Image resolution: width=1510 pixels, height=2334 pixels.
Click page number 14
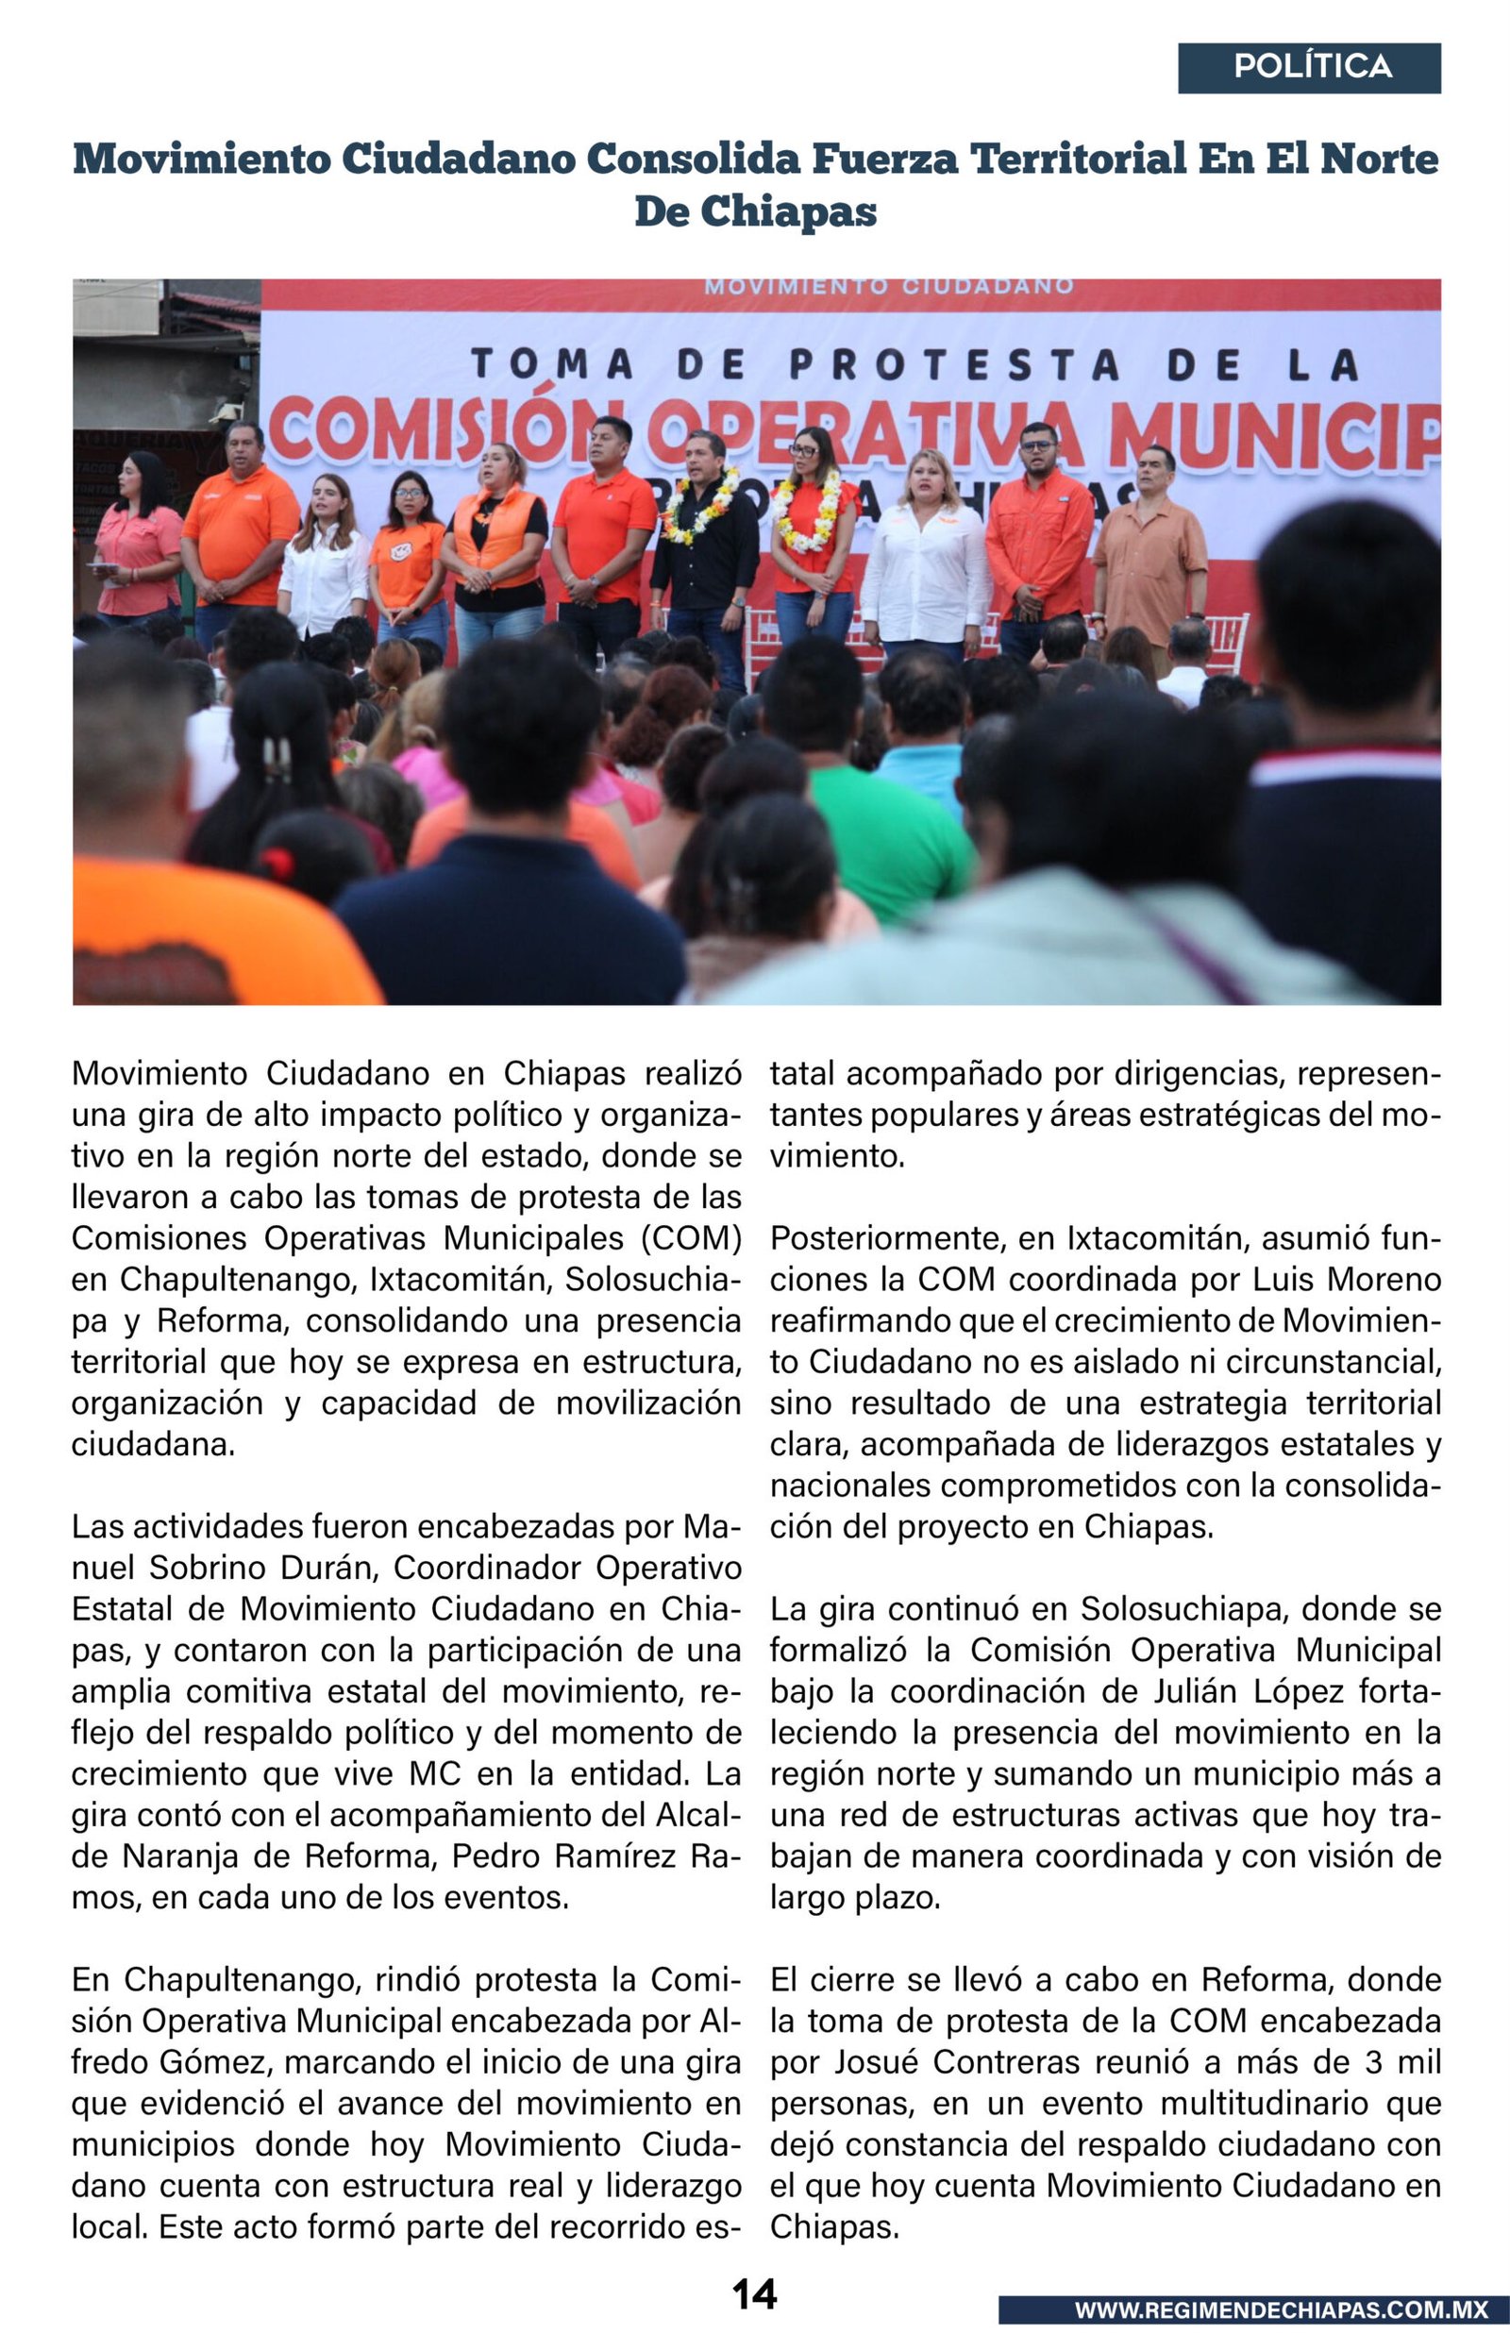(x=754, y=2294)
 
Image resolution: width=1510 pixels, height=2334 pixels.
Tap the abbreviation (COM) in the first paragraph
(x=691, y=1238)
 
